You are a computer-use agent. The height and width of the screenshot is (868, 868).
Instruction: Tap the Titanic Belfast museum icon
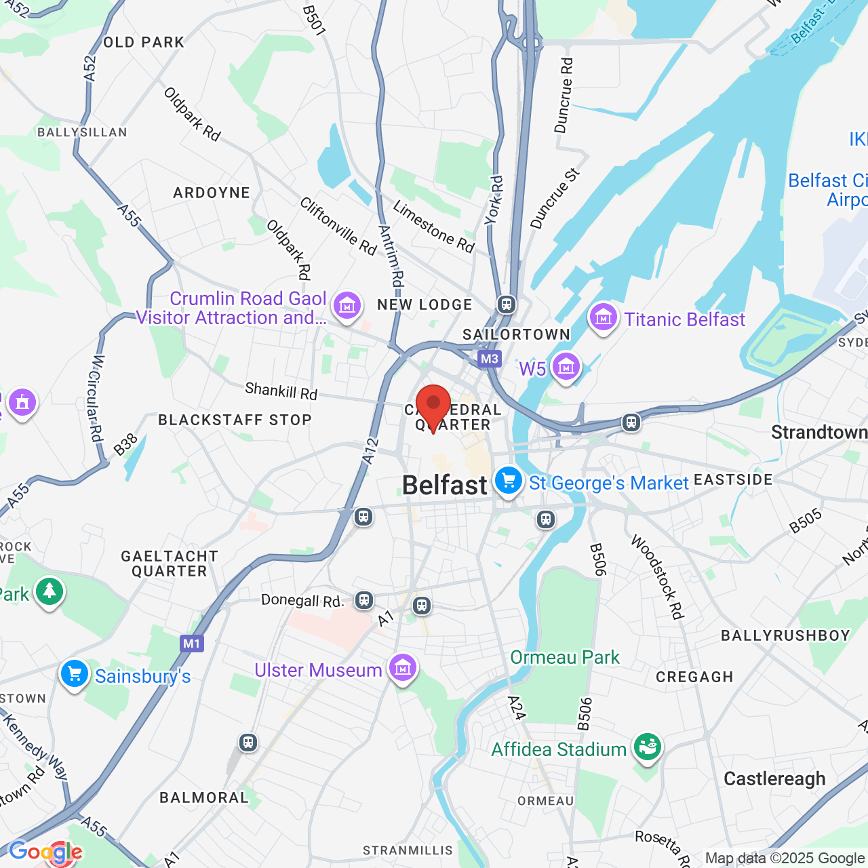603,317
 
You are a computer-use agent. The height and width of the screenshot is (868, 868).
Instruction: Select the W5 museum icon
566,367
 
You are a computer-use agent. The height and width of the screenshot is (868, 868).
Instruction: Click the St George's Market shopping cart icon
508,481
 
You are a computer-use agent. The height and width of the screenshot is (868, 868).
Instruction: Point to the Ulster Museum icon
403,668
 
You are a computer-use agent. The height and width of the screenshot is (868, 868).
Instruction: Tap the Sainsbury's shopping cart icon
74,674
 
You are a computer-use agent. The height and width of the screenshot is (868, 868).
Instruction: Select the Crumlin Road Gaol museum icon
347,306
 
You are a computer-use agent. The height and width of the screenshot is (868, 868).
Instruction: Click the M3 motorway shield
489,359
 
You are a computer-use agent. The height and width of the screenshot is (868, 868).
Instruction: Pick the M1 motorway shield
192,644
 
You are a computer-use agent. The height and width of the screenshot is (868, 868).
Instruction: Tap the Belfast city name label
444,486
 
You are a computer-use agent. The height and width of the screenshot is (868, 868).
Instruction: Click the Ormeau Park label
565,657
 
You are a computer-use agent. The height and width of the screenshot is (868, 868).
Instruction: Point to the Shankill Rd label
281,391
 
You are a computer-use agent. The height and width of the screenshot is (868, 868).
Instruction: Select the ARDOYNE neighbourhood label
212,193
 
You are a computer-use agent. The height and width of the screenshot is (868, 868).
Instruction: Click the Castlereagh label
774,778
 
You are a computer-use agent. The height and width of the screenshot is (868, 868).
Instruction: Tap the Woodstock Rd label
656,576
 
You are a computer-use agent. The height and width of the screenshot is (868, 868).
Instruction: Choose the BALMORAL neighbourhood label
204,797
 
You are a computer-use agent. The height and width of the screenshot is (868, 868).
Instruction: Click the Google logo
45,852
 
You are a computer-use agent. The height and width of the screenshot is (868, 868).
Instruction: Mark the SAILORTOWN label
516,334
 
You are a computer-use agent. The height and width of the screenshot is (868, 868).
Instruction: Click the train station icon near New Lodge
507,304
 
